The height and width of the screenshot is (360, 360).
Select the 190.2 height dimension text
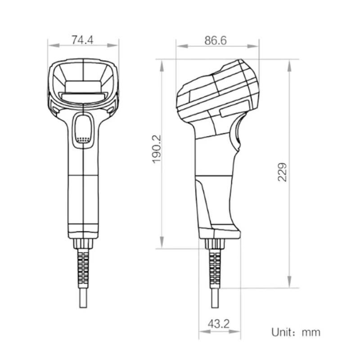[156, 148]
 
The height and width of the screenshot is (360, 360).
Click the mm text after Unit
[311, 333]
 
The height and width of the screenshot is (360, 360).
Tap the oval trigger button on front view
[83, 129]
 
